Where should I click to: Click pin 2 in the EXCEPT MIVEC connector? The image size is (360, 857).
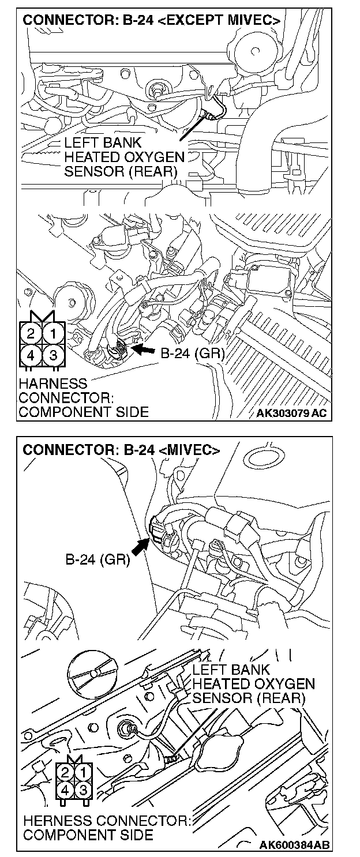pos(30,333)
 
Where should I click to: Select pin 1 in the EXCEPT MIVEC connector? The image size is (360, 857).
pos(52,333)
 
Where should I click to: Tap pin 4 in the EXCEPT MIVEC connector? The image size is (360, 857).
pos(30,355)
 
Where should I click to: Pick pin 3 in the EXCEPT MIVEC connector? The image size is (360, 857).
pos(52,355)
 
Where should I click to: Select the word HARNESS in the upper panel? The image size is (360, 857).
pos(52,384)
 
